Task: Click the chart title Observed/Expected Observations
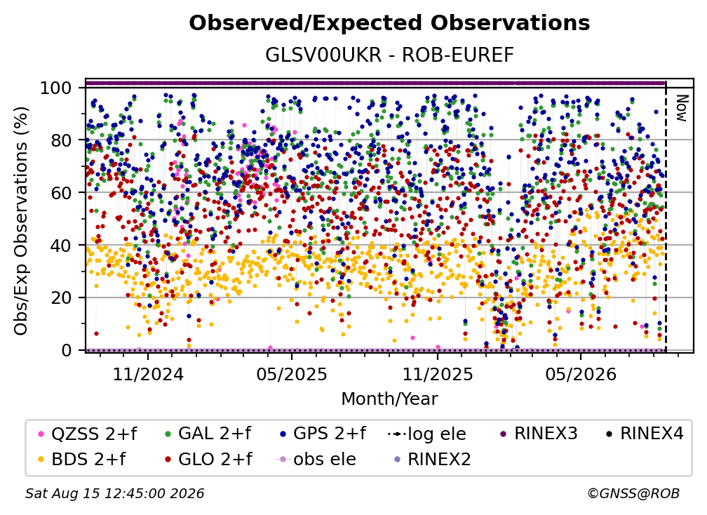point(389,23)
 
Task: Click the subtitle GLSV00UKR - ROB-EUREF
point(389,55)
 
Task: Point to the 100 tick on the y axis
point(55,88)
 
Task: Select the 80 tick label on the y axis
point(61,140)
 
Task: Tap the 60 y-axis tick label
point(61,192)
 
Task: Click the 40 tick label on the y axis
point(61,246)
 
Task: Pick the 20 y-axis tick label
point(61,297)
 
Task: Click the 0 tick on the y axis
point(67,350)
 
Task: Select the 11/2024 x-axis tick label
point(148,374)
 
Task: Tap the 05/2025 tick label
point(292,374)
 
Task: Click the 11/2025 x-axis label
point(438,374)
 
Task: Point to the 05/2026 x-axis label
point(581,374)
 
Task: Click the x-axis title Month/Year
point(389,399)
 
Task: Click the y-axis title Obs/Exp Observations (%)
point(21,220)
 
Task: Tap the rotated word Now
point(681,108)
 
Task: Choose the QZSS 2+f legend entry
point(87,434)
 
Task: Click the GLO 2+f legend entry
point(208,459)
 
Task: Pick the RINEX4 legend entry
point(645,434)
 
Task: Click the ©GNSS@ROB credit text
point(633,493)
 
